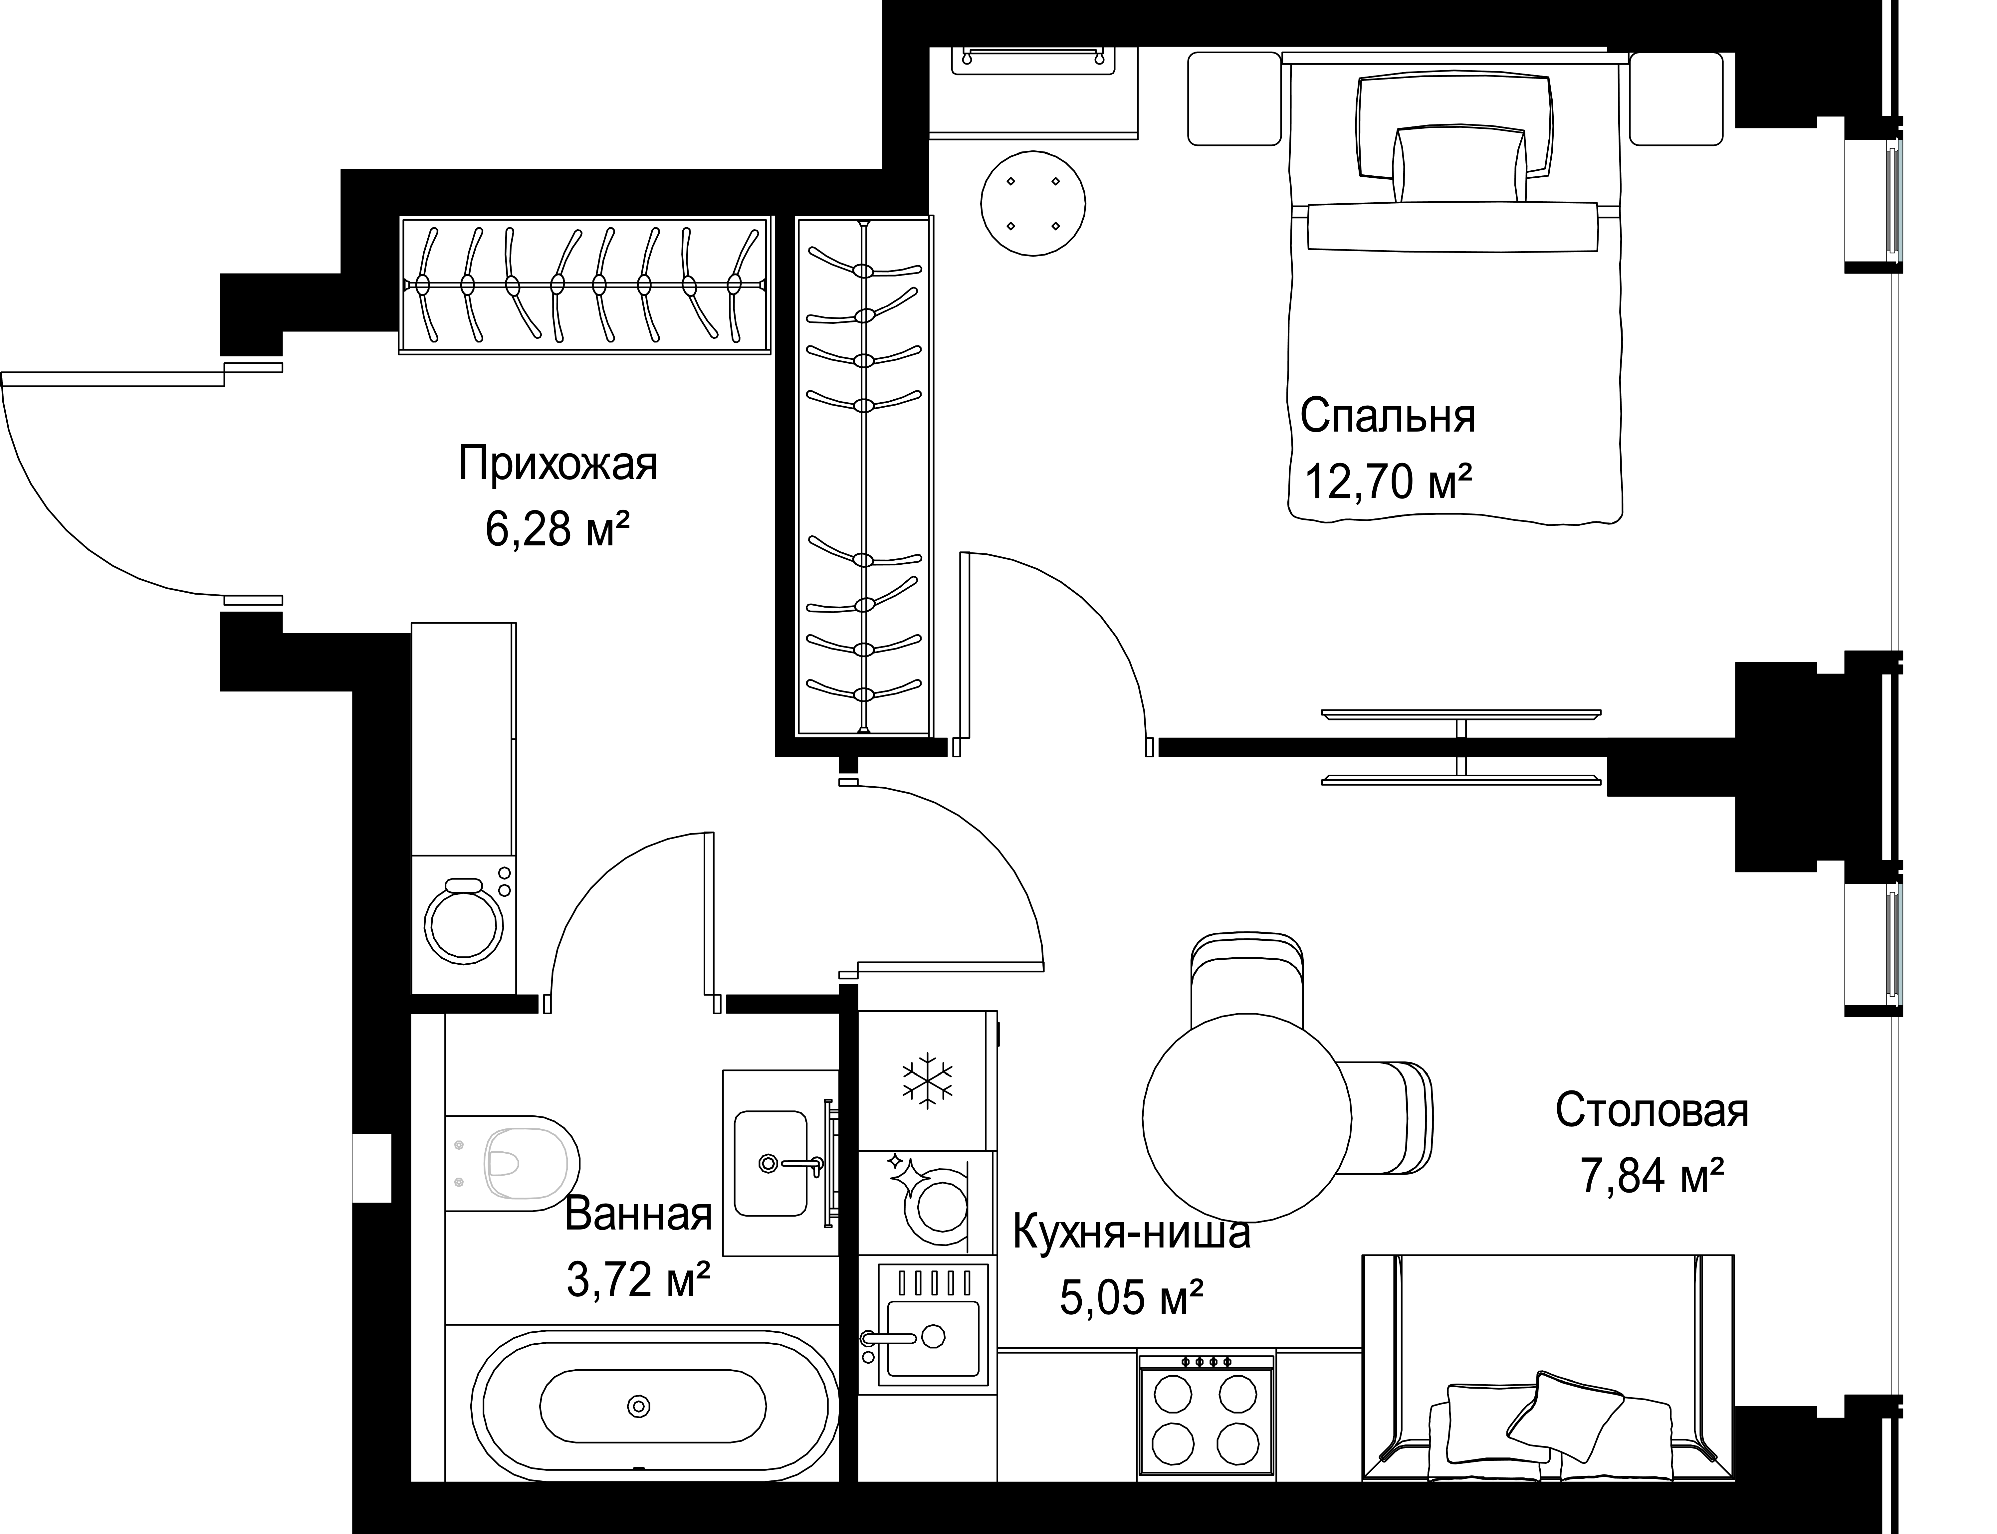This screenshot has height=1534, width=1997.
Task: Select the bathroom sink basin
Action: [771, 1163]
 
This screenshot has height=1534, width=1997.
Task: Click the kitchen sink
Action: [932, 1333]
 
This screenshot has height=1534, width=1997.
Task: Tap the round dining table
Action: [1246, 1117]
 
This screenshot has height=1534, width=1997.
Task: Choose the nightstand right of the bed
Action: [1675, 98]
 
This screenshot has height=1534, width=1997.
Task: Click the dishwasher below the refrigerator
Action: [927, 1202]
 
